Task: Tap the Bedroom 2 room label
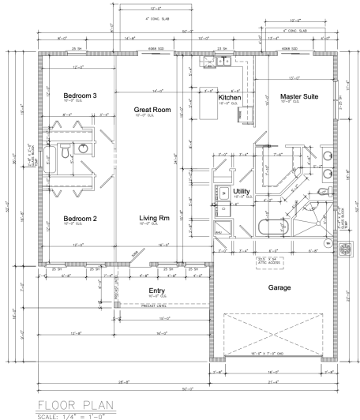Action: (80, 218)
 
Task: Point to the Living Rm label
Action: (154, 218)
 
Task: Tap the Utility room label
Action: (242, 192)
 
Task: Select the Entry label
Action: (158, 291)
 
